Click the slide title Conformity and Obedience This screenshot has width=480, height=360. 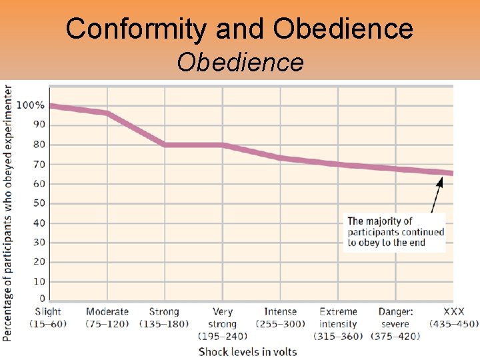pos(240,29)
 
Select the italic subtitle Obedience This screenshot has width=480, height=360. pos(240,63)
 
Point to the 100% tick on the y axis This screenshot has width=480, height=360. pos(31,105)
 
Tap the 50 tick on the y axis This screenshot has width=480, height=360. pos(39,203)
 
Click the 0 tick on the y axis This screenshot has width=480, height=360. pos(42,299)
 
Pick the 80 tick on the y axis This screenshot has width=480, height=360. pos(39,145)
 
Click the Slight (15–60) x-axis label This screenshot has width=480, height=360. pos(48,317)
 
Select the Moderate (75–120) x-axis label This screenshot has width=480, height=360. pos(107,317)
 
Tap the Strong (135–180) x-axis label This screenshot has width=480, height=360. pos(164,317)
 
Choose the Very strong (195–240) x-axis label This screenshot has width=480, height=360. pos(223,323)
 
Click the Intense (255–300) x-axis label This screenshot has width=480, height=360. pos(280,317)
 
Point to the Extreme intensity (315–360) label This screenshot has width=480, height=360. pos(338,323)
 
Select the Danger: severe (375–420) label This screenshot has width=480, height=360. pos(395,323)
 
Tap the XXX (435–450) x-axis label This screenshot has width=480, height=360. pos(453,317)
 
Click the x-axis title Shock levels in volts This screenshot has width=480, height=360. pos(247,351)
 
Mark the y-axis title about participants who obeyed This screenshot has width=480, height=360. pos(7,213)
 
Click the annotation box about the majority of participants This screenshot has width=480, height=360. pos(395,232)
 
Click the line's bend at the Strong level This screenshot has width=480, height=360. pos(165,145)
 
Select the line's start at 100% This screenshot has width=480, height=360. pos(51,106)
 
